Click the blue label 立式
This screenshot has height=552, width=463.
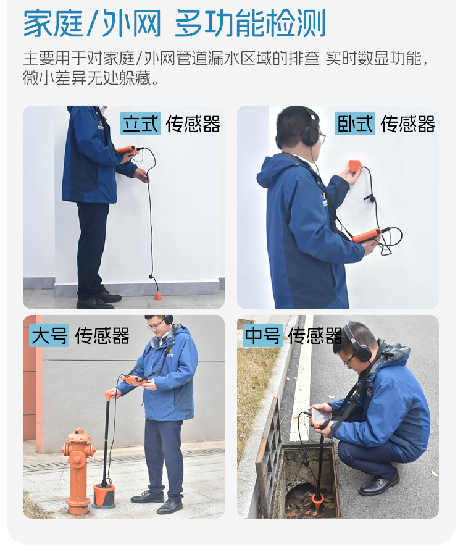click(141, 123)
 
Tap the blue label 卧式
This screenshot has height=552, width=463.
click(354, 123)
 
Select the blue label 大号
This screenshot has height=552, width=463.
click(49, 335)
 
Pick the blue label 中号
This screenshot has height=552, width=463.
click(263, 335)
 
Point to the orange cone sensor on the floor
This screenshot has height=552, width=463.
click(159, 295)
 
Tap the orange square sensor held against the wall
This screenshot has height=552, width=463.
click(354, 166)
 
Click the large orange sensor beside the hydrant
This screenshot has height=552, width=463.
click(104, 496)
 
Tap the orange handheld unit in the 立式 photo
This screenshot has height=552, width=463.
click(127, 150)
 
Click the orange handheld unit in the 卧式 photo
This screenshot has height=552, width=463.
click(367, 235)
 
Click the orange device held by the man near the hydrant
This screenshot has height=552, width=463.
click(134, 380)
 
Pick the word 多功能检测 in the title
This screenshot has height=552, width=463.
click(250, 23)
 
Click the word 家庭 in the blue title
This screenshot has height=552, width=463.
click(53, 23)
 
